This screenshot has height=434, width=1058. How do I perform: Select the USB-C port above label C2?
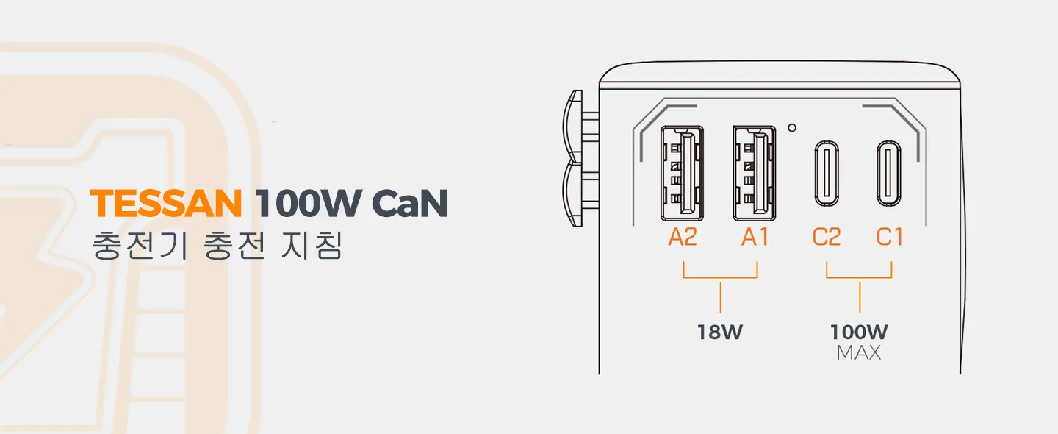tap(827, 173)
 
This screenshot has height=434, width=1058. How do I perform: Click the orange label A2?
tap(683, 238)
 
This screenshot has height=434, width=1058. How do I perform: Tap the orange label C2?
tap(827, 238)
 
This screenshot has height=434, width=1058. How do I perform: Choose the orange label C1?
tap(890, 238)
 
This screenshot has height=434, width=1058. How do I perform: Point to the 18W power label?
tap(720, 332)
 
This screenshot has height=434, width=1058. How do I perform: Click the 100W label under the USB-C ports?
tap(859, 332)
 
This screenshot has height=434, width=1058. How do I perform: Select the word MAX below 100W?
tap(859, 353)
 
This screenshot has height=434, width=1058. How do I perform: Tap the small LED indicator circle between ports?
tap(791, 127)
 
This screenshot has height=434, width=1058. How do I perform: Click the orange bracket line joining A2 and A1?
tap(720, 277)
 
